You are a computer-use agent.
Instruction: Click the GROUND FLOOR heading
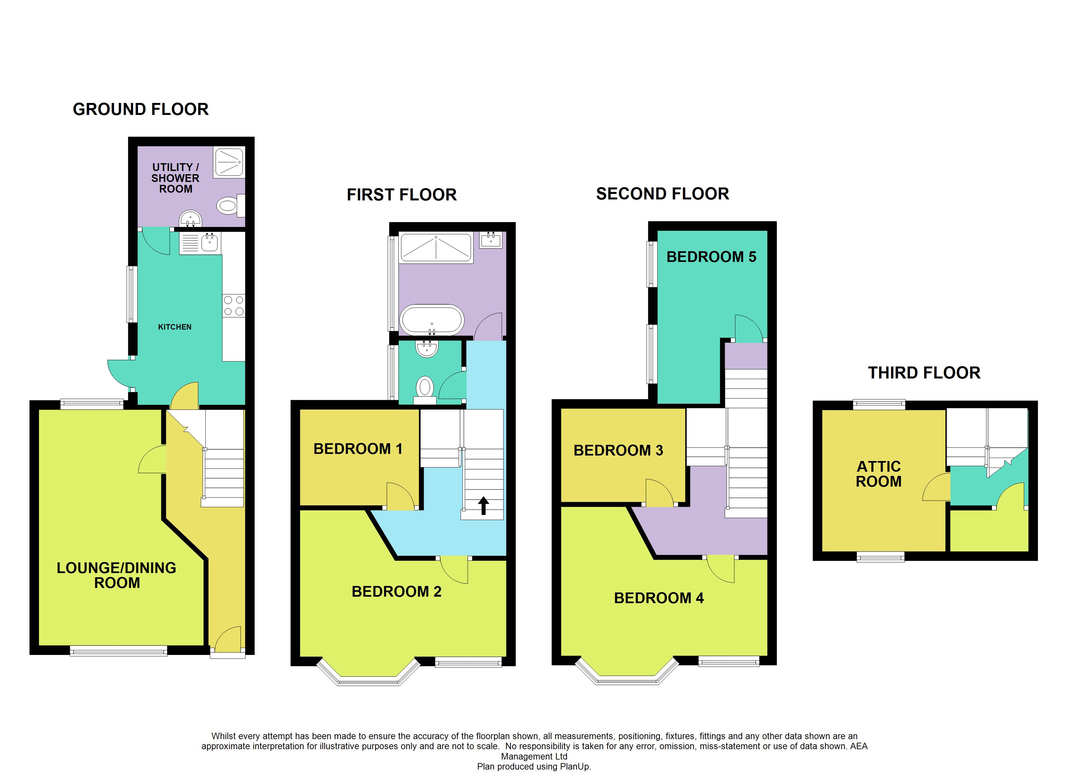141,109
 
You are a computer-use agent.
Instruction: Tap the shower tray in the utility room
229,163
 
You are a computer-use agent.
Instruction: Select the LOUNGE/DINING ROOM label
116,575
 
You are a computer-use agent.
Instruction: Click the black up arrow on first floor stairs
483,506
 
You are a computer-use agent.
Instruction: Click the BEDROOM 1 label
358,449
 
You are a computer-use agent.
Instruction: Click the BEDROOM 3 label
618,450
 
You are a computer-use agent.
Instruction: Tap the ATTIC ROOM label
879,474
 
